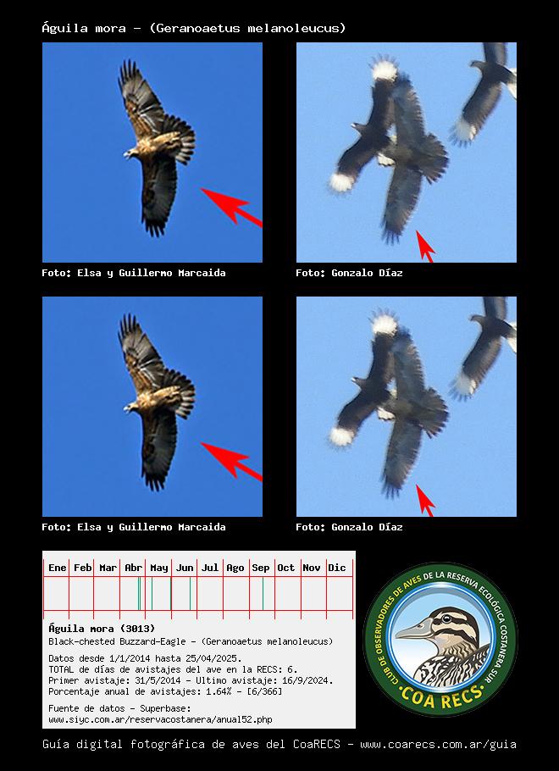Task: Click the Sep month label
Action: (x=261, y=568)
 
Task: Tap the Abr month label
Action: (x=133, y=568)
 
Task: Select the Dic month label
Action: (x=337, y=568)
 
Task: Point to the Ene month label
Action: (x=57, y=568)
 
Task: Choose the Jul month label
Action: (x=210, y=568)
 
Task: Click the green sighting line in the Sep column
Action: (x=263, y=593)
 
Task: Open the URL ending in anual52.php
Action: (x=160, y=719)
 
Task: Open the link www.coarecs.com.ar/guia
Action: (x=438, y=745)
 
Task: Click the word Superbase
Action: (x=164, y=708)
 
